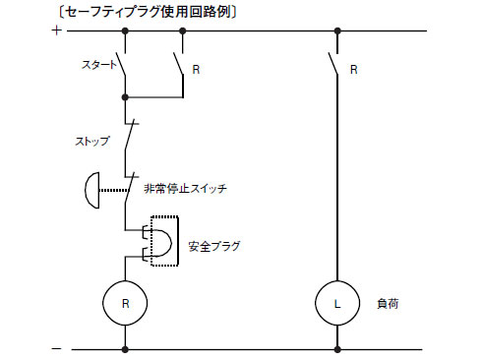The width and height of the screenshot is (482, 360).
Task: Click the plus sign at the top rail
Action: (55, 30)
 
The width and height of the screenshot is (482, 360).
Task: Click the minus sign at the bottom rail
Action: (55, 348)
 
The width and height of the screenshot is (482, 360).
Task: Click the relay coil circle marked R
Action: (125, 305)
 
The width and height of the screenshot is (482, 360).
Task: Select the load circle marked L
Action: (336, 305)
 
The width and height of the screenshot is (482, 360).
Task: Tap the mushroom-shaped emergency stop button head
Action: (90, 188)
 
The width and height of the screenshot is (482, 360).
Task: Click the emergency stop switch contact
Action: (127, 184)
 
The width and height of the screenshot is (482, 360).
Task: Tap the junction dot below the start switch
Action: (125, 97)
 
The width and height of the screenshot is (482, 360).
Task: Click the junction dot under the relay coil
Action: (125, 348)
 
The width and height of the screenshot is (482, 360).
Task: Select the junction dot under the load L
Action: (336, 348)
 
